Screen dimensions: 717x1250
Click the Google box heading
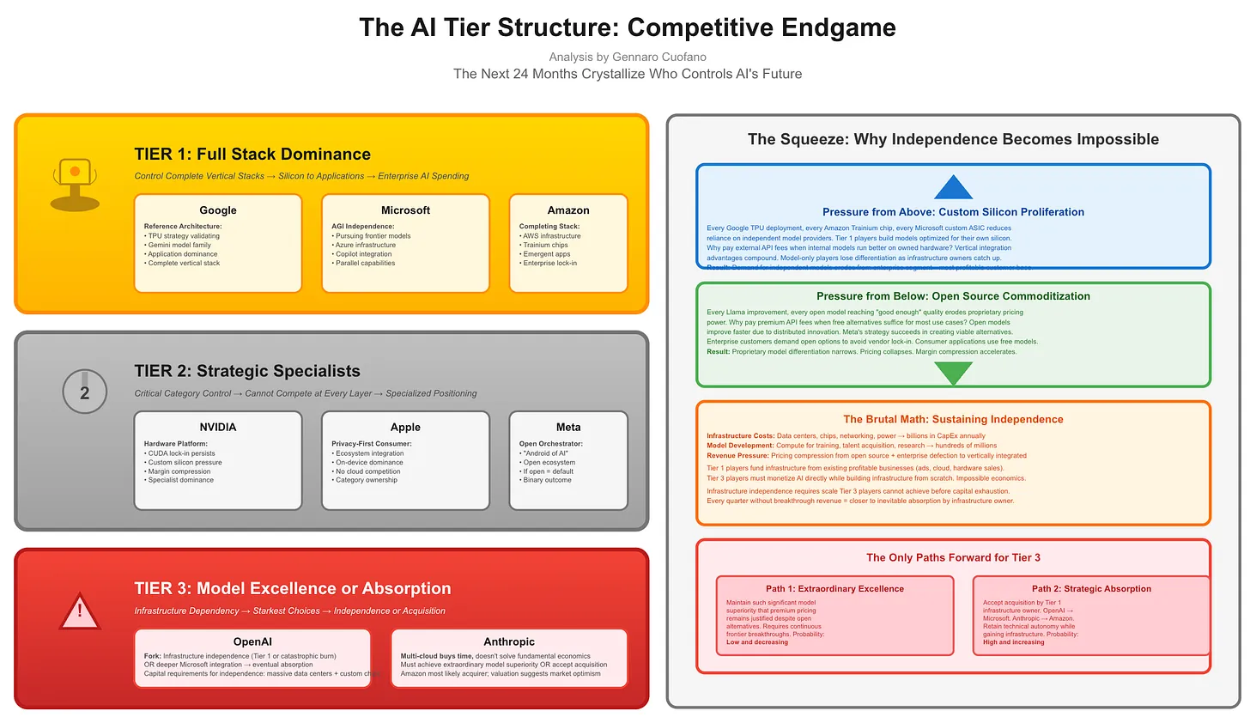218,210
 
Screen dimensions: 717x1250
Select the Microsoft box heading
405,210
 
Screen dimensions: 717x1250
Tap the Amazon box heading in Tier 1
568,210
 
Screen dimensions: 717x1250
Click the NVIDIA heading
218,427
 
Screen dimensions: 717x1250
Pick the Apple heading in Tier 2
405,427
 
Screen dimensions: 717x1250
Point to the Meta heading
568,427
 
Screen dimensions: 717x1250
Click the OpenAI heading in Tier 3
252,641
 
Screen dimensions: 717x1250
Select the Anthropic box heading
509,641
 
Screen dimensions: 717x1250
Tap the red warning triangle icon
80,611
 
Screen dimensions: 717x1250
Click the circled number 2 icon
84,392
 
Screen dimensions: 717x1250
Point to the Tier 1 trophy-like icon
75,184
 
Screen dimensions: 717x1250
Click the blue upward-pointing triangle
953,188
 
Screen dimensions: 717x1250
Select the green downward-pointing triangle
953,373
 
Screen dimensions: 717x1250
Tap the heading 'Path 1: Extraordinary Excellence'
834,589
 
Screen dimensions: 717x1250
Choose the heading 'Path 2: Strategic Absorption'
1091,589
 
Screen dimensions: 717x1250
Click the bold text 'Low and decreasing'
756,642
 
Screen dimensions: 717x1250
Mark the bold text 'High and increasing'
1014,642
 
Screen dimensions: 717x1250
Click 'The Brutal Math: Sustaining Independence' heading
953,419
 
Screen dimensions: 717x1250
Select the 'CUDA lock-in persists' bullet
182,453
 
